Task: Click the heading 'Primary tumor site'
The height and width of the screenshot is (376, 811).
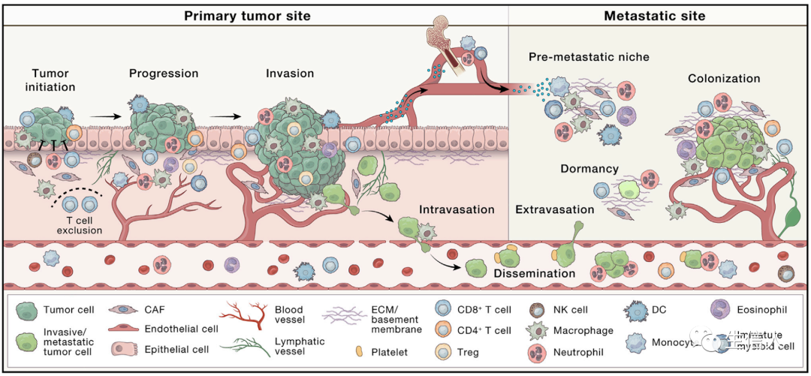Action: click(x=247, y=15)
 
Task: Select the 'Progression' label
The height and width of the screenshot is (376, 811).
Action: click(x=164, y=74)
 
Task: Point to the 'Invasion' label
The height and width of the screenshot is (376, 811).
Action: click(x=290, y=74)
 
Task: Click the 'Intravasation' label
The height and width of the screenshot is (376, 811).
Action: click(x=457, y=209)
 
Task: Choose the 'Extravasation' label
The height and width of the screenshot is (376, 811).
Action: click(x=554, y=209)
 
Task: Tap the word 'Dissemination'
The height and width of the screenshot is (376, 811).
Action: click(x=534, y=273)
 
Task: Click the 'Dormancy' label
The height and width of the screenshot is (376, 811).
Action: click(x=589, y=169)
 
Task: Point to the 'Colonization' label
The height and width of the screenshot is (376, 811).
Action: click(x=724, y=78)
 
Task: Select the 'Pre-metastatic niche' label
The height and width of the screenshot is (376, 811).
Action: click(x=589, y=56)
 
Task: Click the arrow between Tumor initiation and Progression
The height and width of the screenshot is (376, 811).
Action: click(x=105, y=117)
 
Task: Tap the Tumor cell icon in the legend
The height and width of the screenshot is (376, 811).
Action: click(x=29, y=309)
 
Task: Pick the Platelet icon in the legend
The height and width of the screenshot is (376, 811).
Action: click(x=357, y=350)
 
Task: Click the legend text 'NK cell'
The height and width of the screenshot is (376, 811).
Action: click(x=571, y=309)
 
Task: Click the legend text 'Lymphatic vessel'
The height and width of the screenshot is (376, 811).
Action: click(x=299, y=346)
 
